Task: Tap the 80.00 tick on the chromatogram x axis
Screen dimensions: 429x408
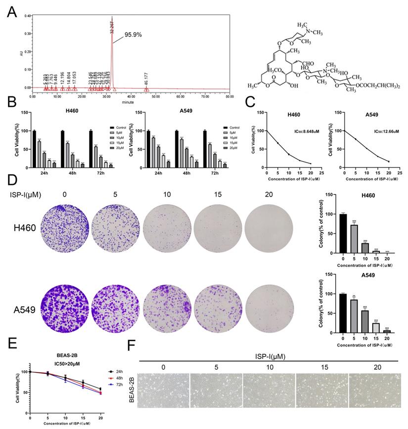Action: [x=229, y=97]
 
